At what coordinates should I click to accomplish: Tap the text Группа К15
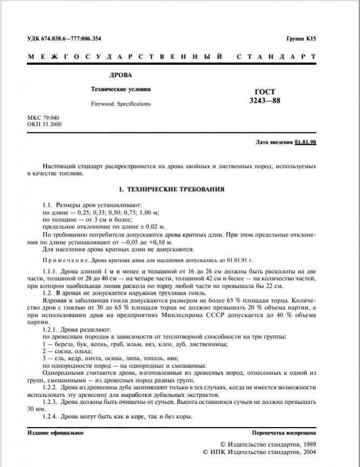301,39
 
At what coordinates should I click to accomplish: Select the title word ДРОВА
120,76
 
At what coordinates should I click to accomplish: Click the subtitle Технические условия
120,89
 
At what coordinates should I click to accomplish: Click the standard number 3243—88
264,100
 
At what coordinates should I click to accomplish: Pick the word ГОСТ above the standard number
264,92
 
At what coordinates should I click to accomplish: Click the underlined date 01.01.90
305,143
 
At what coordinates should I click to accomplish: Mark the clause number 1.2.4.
51,416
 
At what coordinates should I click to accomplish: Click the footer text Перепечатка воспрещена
284,433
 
